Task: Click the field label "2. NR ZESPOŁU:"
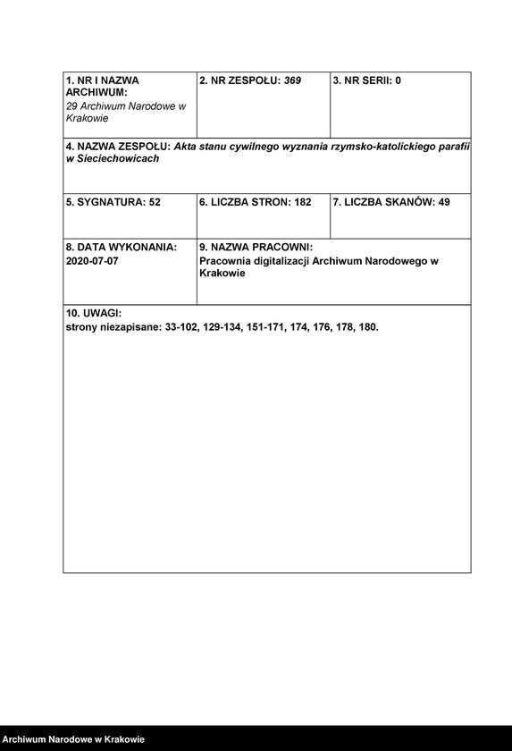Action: (x=240, y=80)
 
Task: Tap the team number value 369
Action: (x=292, y=80)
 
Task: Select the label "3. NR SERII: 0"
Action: (x=366, y=80)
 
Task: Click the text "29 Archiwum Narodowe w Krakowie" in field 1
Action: (x=125, y=112)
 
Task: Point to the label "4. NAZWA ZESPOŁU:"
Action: (x=118, y=146)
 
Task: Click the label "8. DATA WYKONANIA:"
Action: (x=121, y=247)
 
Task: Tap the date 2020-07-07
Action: (x=92, y=261)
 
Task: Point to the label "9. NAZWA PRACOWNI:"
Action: (x=256, y=247)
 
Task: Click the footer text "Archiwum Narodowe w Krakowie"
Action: (x=74, y=739)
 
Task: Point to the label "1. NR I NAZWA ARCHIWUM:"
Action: (x=102, y=86)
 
